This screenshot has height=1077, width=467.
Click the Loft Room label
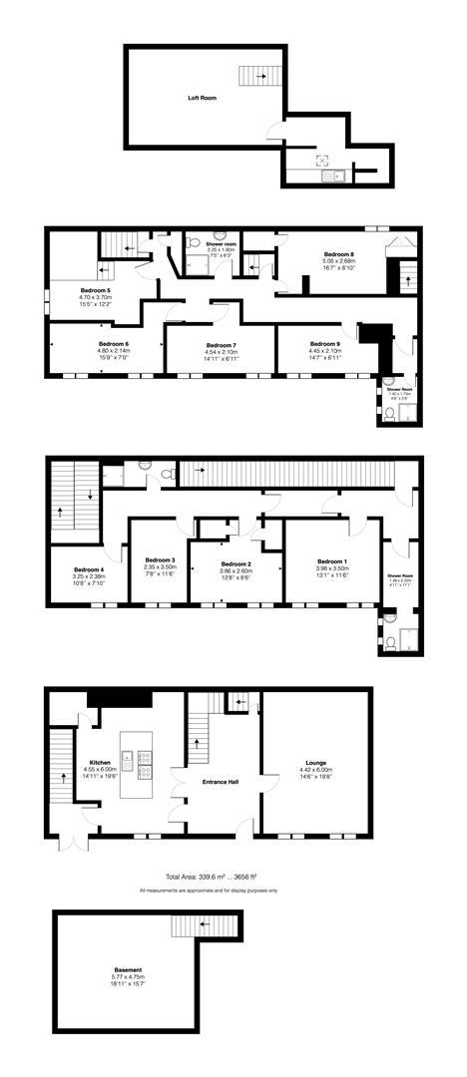coord(202,98)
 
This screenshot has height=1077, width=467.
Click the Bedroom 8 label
coord(338,254)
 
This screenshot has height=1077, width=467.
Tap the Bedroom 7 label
coord(221,344)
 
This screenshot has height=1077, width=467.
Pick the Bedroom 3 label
coord(160,559)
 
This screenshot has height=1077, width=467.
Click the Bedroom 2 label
coord(234,562)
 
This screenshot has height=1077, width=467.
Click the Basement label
coord(128,969)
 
